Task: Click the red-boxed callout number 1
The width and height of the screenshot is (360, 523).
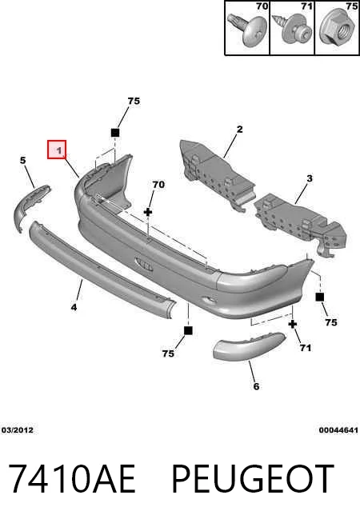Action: (x=59, y=150)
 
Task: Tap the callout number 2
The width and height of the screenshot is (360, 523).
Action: (x=239, y=129)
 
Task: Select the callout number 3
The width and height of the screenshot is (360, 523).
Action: (x=310, y=178)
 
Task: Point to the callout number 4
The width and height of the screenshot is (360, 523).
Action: (x=74, y=307)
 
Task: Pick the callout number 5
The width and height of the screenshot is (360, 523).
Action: (x=22, y=160)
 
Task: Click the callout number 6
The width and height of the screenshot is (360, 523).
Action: (x=256, y=386)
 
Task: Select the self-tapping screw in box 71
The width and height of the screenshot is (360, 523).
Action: (x=292, y=30)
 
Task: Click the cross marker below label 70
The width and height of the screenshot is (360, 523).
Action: (x=148, y=212)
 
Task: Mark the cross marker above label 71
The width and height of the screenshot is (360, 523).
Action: (x=293, y=324)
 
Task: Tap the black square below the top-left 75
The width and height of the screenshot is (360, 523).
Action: (x=114, y=133)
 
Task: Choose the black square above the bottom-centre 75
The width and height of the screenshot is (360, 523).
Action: (x=188, y=330)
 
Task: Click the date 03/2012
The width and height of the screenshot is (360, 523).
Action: (x=18, y=430)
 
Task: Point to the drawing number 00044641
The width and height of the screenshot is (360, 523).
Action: (x=338, y=430)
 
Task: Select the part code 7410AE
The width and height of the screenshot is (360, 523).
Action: (x=71, y=479)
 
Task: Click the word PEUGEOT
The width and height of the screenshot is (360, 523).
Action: (x=253, y=479)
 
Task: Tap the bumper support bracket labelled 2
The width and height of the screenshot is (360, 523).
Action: (x=217, y=174)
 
